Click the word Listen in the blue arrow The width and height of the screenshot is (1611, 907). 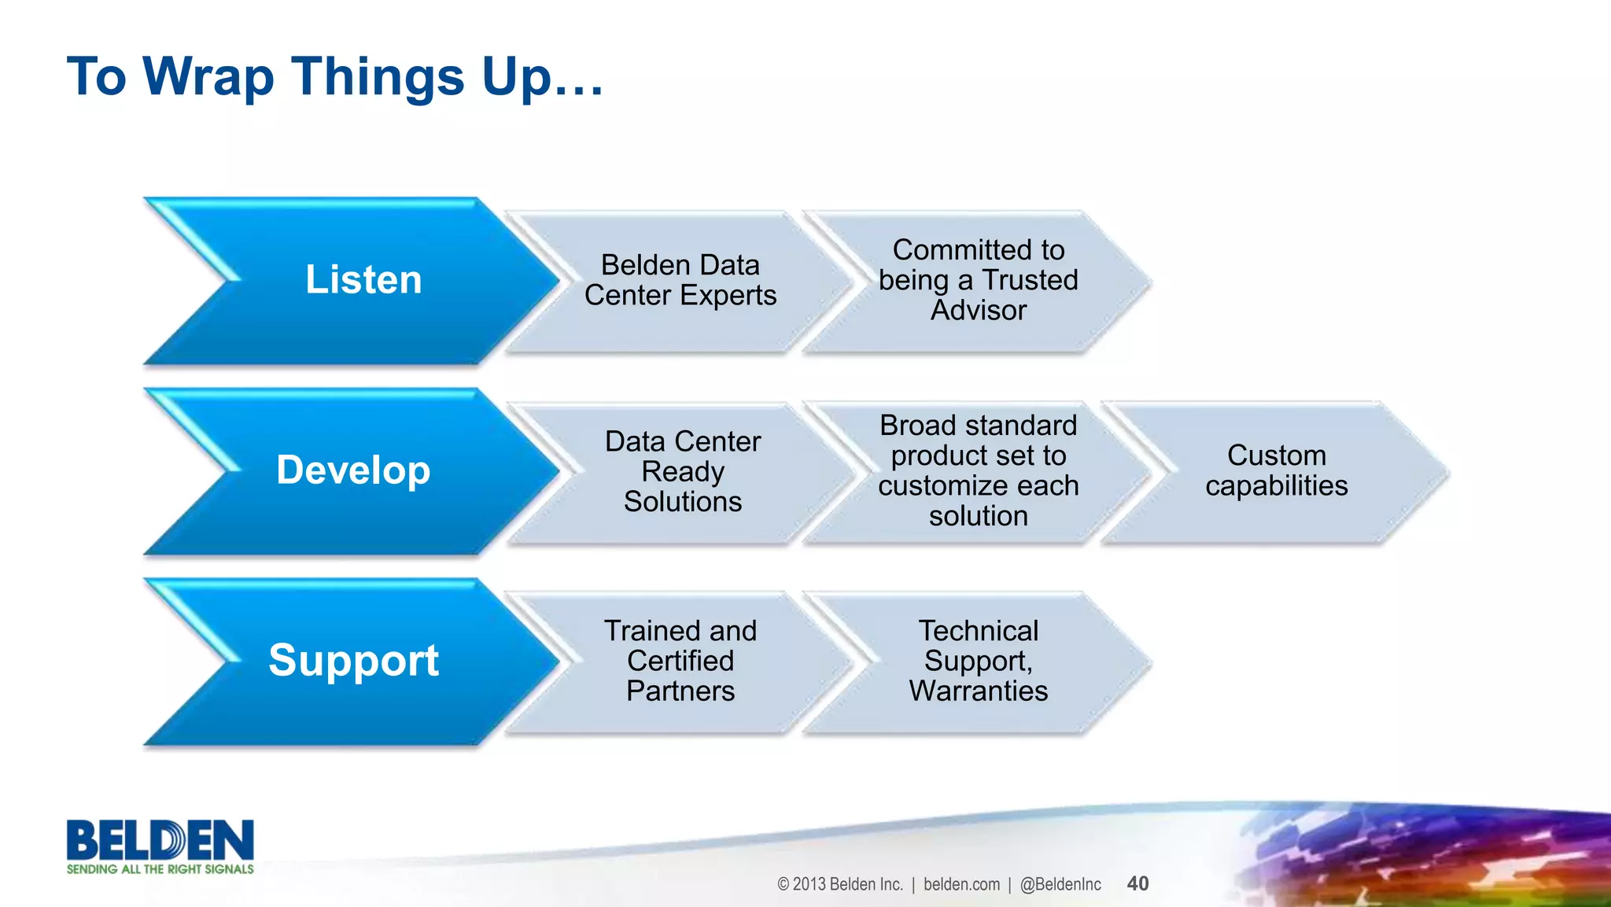(x=363, y=280)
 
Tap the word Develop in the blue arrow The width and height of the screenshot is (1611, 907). (x=353, y=470)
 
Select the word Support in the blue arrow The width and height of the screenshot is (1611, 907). (x=353, y=660)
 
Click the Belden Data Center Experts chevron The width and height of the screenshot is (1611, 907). (x=680, y=280)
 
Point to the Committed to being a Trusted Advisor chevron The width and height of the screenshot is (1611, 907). (x=978, y=280)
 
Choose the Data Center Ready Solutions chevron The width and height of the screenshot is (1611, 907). (x=682, y=471)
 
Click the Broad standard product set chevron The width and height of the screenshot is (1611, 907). (x=978, y=470)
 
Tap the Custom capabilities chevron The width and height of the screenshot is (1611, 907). (x=1276, y=470)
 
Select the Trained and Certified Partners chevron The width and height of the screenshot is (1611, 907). (x=680, y=661)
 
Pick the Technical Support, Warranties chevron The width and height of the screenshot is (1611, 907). (x=978, y=661)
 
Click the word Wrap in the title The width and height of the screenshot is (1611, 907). (x=208, y=77)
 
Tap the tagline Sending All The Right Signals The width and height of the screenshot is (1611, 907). (x=160, y=869)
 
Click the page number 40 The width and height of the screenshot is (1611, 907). (x=1137, y=883)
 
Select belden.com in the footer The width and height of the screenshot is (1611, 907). (x=961, y=884)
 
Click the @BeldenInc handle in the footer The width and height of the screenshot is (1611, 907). (x=1060, y=884)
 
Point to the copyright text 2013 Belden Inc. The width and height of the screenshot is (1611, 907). (x=840, y=884)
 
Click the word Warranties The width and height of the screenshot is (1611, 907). (x=978, y=691)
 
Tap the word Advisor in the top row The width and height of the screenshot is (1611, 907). (x=978, y=311)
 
